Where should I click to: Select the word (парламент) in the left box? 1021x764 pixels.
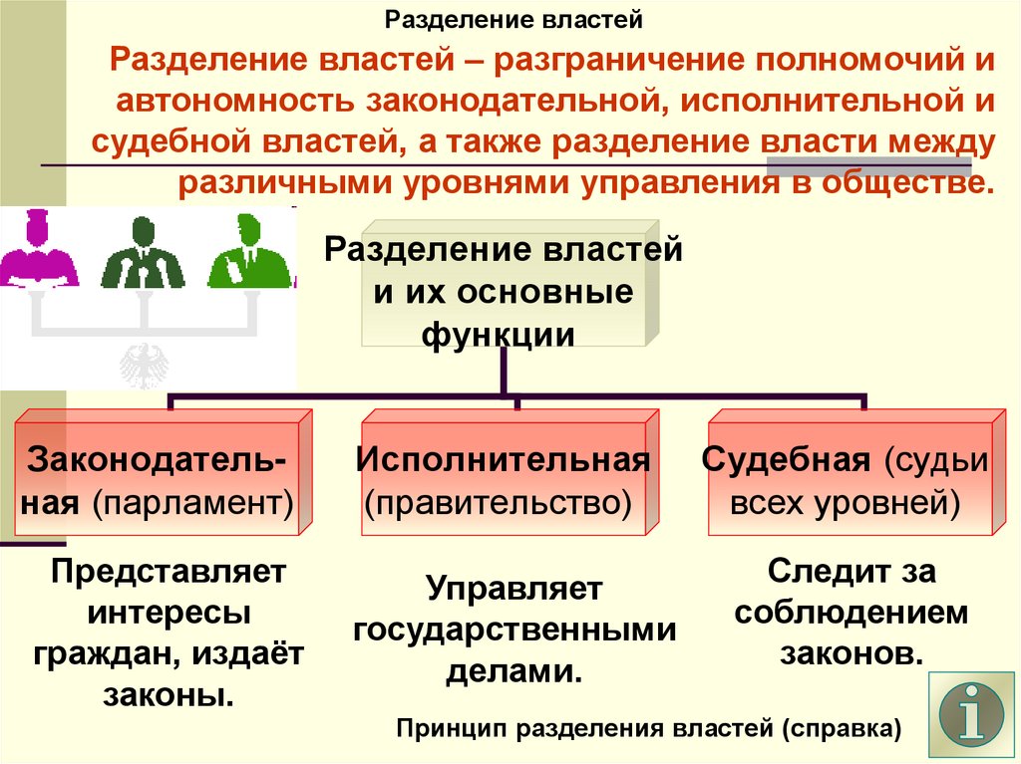194,502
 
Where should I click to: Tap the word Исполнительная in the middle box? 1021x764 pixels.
504,461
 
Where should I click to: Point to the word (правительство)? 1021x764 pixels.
498,502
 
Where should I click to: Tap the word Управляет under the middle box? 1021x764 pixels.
514,589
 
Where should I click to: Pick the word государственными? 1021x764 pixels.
514,630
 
